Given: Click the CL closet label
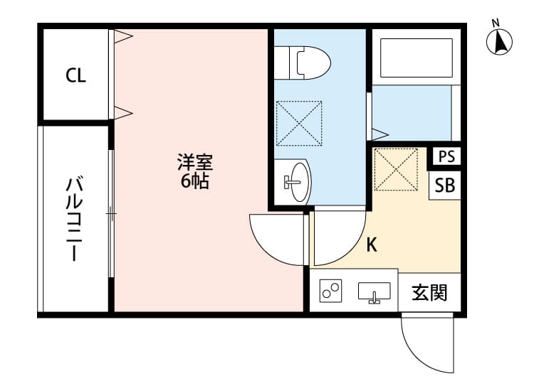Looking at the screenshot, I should pos(76,76).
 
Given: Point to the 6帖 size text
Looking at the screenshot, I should pos(194,181).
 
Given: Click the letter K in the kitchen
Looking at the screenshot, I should pos(371,245).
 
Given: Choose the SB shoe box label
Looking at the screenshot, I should pos(445,186).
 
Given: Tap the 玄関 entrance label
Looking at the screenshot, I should pos(430,292).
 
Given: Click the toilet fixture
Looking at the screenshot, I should pos(303,61).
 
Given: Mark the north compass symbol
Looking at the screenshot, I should pos(501,42).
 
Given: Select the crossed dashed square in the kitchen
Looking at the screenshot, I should pos(396,169).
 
